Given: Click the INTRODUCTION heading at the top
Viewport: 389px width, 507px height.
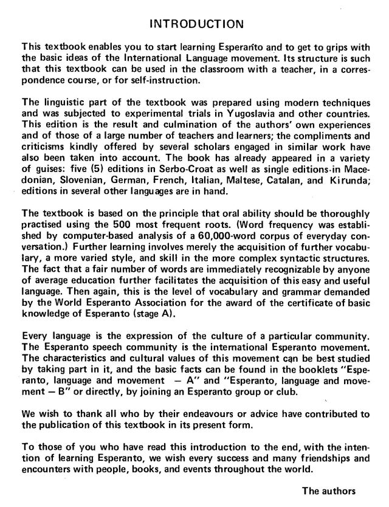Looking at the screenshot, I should (196, 24).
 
